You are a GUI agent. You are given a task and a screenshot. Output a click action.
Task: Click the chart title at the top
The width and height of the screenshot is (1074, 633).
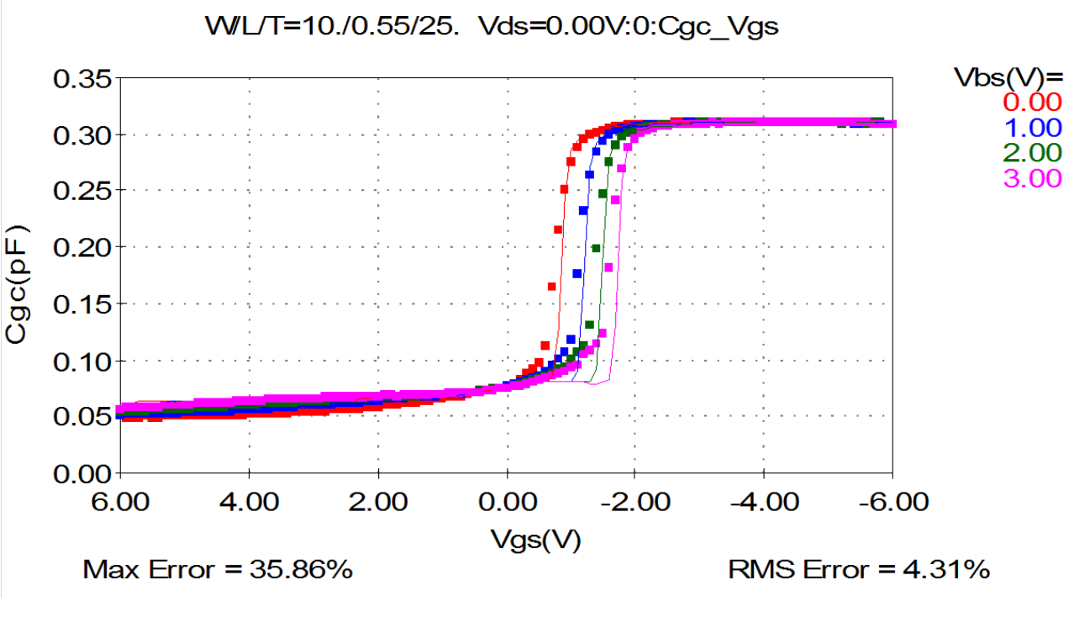[492, 26]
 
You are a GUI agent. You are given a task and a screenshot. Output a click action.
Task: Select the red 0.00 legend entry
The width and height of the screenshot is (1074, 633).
[1033, 102]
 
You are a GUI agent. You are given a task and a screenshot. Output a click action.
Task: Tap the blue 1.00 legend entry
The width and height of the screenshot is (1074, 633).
[1033, 127]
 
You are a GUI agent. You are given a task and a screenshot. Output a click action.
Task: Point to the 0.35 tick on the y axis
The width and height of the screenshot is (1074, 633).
[83, 79]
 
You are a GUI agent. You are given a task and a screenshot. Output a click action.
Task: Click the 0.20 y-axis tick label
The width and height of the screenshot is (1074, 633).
[83, 248]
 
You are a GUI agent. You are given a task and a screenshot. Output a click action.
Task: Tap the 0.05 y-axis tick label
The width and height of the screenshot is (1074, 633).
[83, 418]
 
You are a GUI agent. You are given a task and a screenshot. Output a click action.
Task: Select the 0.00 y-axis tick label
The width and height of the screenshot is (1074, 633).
[83, 474]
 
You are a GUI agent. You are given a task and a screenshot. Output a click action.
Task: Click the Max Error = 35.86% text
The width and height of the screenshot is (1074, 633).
[217, 570]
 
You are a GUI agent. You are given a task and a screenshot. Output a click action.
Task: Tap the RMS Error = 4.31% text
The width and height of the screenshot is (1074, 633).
[858, 570]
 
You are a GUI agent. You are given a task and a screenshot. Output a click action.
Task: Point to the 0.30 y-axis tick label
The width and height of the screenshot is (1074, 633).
[83, 135]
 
